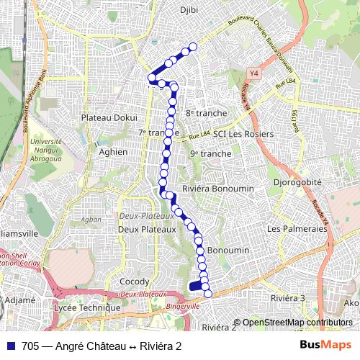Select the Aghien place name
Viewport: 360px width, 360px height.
113,152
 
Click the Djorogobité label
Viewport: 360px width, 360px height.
297,183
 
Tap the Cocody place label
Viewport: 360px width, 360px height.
135,282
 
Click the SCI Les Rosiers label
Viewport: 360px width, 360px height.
243,135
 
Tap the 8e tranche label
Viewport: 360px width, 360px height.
206,113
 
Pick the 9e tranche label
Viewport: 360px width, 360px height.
210,153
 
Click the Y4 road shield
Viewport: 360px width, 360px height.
253,73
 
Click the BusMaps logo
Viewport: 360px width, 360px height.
325,346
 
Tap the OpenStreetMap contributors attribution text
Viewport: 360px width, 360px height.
297,323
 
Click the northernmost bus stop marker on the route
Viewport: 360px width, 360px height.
193,48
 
